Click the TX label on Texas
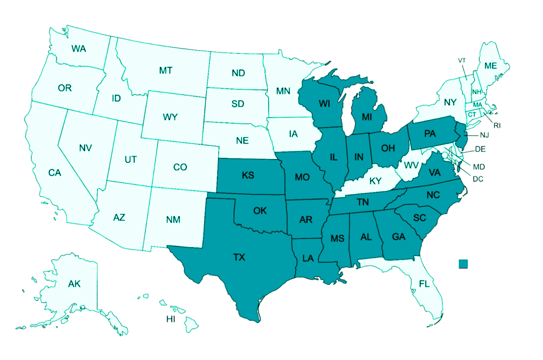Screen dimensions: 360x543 [x=239, y=258]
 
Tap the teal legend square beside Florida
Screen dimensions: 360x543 [x=463, y=264]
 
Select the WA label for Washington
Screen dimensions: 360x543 [x=79, y=49]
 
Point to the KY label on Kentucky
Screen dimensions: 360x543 [x=375, y=181]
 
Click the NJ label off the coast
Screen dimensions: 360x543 [x=485, y=136]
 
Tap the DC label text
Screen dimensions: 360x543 [x=478, y=179]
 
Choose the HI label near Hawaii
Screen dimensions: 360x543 [x=171, y=319]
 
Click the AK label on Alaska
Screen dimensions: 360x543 [x=74, y=284]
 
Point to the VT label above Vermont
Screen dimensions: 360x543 [x=462, y=60]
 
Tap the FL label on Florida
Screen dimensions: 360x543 [x=424, y=284]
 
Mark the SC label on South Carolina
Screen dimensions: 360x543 [x=419, y=218]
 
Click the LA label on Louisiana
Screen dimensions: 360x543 [x=309, y=258]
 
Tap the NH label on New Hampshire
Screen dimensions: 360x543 [x=477, y=92]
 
